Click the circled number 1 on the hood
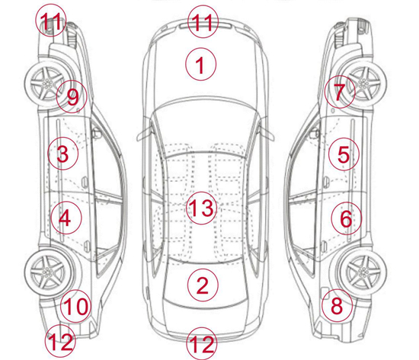[x=200, y=64]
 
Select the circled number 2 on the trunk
[x=203, y=285]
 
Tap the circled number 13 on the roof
[x=201, y=208]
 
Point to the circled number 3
[x=62, y=154]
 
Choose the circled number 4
[x=66, y=218]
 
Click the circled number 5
[x=344, y=154]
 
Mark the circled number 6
[x=347, y=218]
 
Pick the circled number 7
[x=340, y=92]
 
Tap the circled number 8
[x=337, y=305]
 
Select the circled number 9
[x=72, y=97]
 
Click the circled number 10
[x=76, y=306]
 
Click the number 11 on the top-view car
[x=203, y=22]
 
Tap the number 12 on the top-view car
[x=202, y=344]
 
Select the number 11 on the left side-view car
[x=50, y=20]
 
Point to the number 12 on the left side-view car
[x=60, y=341]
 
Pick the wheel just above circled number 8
[x=363, y=272]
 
